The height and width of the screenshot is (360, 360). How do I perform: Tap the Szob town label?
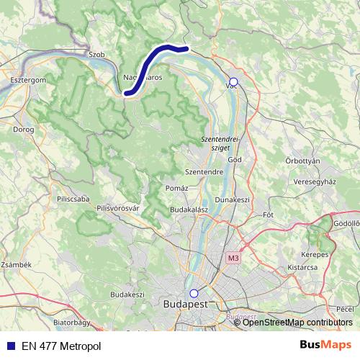click(x=96, y=54)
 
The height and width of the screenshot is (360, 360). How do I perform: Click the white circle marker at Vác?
click(x=233, y=82)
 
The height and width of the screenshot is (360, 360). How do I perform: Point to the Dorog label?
click(x=24, y=130)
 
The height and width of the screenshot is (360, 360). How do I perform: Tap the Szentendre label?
click(x=204, y=172)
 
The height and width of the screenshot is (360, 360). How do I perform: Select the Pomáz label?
click(x=176, y=188)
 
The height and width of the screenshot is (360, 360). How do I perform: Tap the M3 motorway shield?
click(x=232, y=257)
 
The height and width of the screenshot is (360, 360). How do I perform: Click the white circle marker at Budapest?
click(x=193, y=293)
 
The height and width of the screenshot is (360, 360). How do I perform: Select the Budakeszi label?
click(x=127, y=294)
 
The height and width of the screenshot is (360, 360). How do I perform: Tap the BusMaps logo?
click(x=325, y=346)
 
